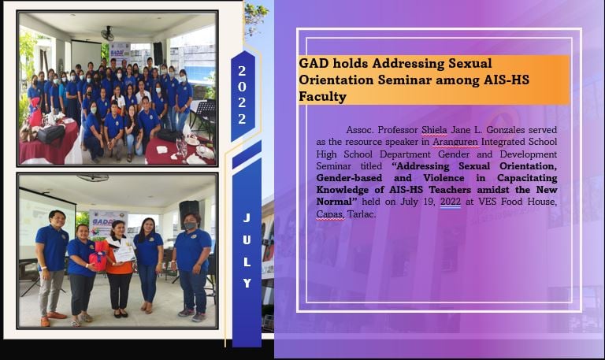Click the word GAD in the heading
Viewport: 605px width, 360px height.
tap(313, 63)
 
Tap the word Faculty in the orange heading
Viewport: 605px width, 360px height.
tap(322, 96)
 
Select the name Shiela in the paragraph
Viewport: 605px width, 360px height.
tap(434, 130)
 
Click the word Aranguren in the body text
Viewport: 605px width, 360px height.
tap(455, 142)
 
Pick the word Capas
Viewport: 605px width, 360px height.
tap(330, 214)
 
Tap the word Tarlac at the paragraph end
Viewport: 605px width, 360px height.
tap(362, 213)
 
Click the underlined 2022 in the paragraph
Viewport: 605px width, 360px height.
tap(451, 202)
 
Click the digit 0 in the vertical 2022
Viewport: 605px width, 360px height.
tap(242, 87)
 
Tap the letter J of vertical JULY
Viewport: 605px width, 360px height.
tap(247, 218)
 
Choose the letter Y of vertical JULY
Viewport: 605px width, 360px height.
tap(247, 284)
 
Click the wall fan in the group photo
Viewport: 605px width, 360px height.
tap(107, 34)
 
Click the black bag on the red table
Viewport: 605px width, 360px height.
tap(50, 134)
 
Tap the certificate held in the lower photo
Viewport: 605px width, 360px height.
tap(124, 254)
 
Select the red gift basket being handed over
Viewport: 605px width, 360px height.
tap(98, 257)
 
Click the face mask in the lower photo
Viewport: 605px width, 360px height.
tap(189, 226)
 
